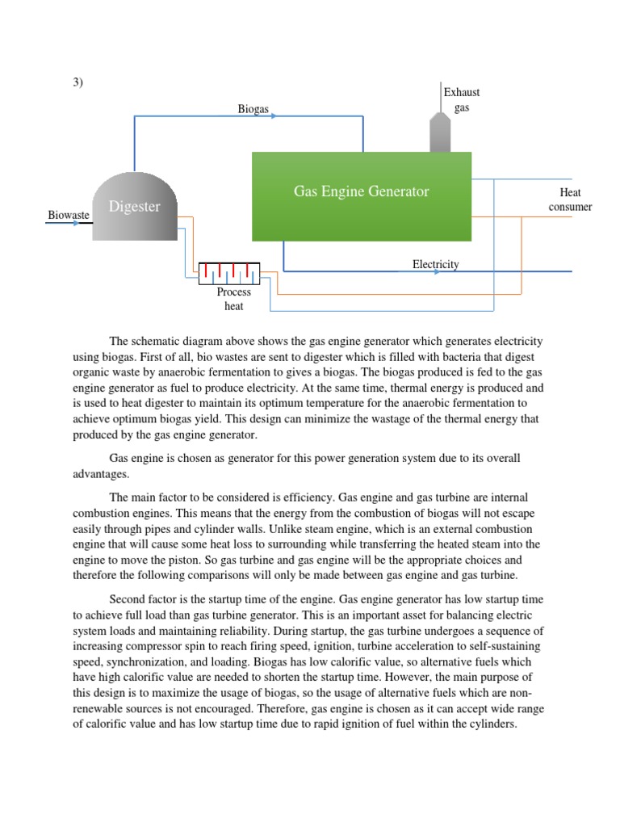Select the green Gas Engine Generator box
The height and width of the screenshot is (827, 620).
click(361, 196)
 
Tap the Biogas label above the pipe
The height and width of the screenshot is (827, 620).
click(253, 109)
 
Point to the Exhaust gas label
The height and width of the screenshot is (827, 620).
click(462, 100)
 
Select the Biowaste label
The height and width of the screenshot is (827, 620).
click(69, 215)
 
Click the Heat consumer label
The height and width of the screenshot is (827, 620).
click(570, 199)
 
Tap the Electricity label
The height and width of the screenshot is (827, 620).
click(435, 264)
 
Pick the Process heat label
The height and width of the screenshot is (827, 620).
click(233, 299)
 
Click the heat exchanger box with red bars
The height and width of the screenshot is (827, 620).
click(228, 273)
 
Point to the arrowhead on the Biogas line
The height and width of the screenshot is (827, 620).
click(274, 116)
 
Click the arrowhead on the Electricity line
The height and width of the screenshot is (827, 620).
click(437, 272)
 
